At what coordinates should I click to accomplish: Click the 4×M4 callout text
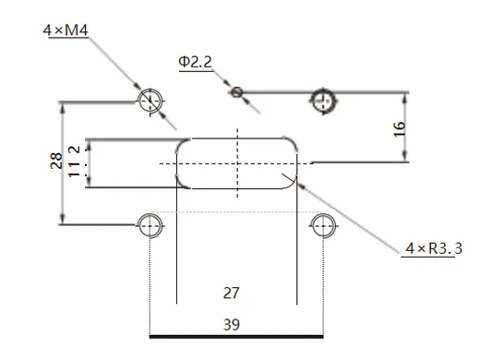click(65, 30)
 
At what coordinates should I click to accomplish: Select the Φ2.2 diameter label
click(196, 62)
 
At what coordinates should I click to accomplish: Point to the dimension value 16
click(399, 127)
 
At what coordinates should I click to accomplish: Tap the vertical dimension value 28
click(55, 162)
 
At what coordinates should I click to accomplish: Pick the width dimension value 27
click(232, 293)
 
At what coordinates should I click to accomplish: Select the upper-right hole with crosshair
click(323, 100)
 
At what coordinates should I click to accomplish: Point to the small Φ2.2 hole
click(237, 91)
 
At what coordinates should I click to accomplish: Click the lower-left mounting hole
click(150, 222)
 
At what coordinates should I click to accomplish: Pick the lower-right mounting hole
click(323, 222)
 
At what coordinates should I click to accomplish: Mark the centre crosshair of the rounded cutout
click(237, 163)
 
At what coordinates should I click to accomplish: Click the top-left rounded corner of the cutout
click(181, 144)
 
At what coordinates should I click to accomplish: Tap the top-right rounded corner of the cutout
click(293, 144)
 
